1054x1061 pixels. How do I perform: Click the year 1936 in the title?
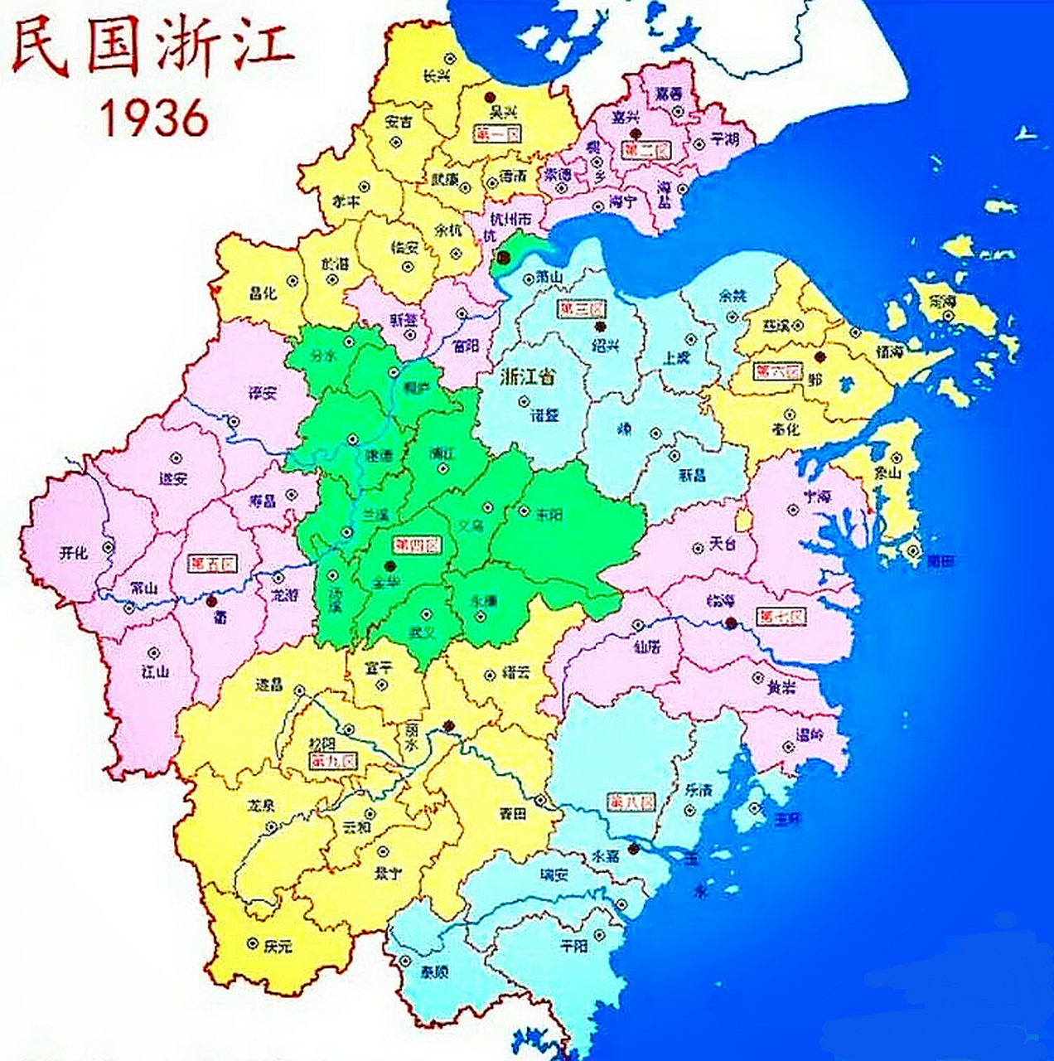coord(154,118)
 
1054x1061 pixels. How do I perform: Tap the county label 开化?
coord(73,553)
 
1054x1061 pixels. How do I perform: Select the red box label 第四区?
coord(418,545)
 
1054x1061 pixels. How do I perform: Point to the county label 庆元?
coord(279,946)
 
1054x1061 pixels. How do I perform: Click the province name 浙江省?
coord(529,376)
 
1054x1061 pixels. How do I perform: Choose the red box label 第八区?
coord(631,802)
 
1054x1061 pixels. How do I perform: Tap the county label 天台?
coord(723,545)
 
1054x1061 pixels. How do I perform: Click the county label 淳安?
coord(263,393)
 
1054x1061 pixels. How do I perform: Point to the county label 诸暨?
coord(544,414)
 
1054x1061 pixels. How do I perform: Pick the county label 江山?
coord(155,671)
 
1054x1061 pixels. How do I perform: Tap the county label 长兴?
coord(437,75)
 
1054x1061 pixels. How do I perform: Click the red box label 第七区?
coord(781,617)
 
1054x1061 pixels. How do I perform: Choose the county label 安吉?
coord(399,122)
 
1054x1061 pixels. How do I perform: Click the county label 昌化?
coord(263,293)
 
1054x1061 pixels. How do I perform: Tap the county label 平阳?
coord(573,946)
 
